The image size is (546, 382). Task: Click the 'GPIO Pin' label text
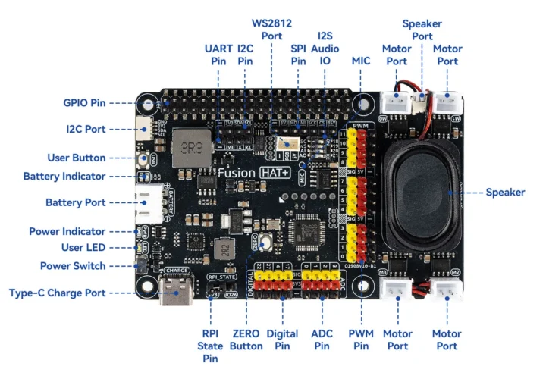(84, 102)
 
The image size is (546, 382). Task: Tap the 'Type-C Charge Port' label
(57, 293)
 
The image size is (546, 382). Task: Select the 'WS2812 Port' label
(272, 30)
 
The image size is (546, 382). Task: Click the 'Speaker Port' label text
(422, 30)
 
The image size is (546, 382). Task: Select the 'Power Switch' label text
(73, 265)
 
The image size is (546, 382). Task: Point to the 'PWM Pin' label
(360, 340)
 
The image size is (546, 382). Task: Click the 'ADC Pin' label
(322, 340)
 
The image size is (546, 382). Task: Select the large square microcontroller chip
(310, 230)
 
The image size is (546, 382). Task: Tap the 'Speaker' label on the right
(505, 193)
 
